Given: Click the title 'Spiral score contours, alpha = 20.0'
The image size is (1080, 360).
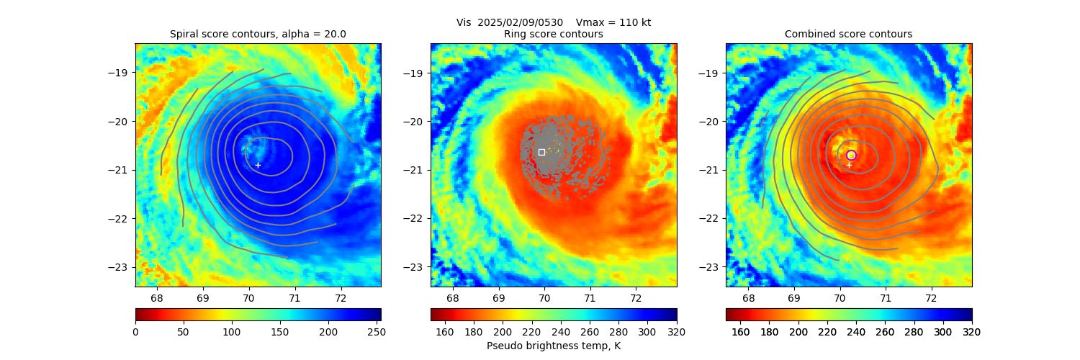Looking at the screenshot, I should click(258, 34).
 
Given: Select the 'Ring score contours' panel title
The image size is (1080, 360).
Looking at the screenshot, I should click(553, 34).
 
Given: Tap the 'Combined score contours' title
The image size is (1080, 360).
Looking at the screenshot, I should click(848, 34).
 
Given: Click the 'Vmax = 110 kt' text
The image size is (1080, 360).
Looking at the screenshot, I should click(613, 22).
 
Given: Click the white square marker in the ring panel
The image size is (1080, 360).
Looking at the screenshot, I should click(541, 152).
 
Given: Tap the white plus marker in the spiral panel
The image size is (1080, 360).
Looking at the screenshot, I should click(258, 165).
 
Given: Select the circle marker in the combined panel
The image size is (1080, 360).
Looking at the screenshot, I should click(851, 155).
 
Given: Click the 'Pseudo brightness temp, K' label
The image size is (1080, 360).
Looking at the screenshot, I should click(553, 346).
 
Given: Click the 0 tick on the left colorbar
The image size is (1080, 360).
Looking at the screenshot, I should click(135, 332).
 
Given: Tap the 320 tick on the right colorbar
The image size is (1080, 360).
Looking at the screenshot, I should click(972, 332).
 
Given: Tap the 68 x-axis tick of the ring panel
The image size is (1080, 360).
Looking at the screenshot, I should click(453, 298).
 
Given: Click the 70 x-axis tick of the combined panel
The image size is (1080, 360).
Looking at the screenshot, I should click(840, 298).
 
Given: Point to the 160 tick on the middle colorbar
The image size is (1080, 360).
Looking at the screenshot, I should click(445, 332).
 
